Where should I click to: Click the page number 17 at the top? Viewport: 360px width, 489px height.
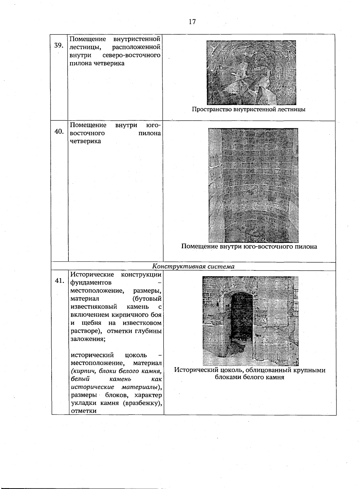point(192,22)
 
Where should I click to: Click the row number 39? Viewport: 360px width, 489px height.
point(59,46)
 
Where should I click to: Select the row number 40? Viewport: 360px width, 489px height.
point(59,131)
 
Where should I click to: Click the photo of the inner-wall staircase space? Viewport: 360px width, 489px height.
point(251,72)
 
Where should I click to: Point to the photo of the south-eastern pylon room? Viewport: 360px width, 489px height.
point(253,185)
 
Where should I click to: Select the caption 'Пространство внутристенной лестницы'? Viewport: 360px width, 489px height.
point(248,110)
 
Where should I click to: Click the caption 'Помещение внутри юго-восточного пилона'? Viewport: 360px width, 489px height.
point(249,247)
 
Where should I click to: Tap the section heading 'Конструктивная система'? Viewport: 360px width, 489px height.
point(193,267)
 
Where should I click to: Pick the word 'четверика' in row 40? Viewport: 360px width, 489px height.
point(85,141)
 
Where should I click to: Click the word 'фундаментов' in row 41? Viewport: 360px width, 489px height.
point(91,283)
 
